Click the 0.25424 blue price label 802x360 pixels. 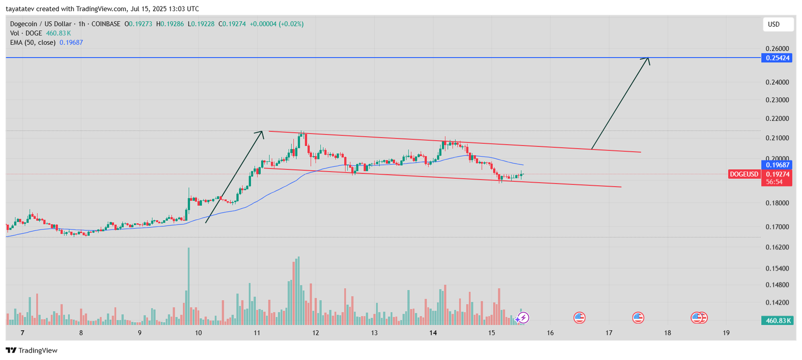(x=777, y=58)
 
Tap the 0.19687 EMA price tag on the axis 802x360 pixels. (x=777, y=165)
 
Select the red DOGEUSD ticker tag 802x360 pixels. (x=744, y=174)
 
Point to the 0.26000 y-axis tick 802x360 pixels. (x=777, y=49)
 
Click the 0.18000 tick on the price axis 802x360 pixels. (x=777, y=203)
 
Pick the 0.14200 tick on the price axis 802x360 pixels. (x=777, y=302)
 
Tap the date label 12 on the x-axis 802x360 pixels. (x=316, y=333)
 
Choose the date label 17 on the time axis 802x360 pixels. (x=609, y=333)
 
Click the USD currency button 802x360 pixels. (x=774, y=25)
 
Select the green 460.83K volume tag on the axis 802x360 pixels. (x=777, y=320)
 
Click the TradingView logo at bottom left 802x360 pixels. (x=32, y=350)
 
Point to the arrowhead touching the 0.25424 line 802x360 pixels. (x=647, y=60)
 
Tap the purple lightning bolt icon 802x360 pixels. (x=523, y=317)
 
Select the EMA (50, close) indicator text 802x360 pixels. (x=33, y=43)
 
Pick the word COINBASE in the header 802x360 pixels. (x=106, y=24)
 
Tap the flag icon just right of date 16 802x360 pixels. (x=579, y=317)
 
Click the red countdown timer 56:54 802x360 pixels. (x=774, y=182)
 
